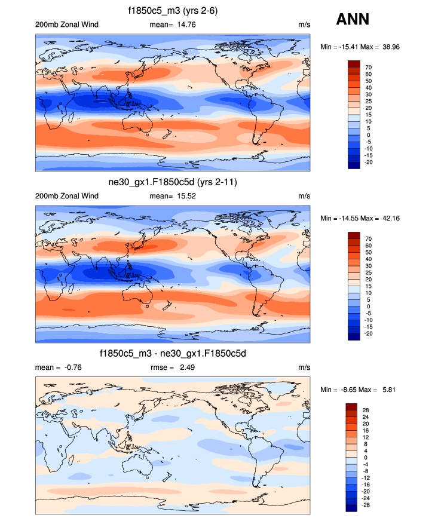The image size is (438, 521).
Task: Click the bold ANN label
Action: (x=353, y=19)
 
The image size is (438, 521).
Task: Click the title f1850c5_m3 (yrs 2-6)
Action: (x=173, y=11)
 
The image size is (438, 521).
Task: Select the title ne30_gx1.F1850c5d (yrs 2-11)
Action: (x=173, y=182)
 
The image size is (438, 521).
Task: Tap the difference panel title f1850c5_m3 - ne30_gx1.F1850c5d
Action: (x=173, y=354)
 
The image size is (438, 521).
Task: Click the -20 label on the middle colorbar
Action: (x=370, y=333)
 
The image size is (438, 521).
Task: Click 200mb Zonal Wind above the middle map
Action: (x=67, y=196)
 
